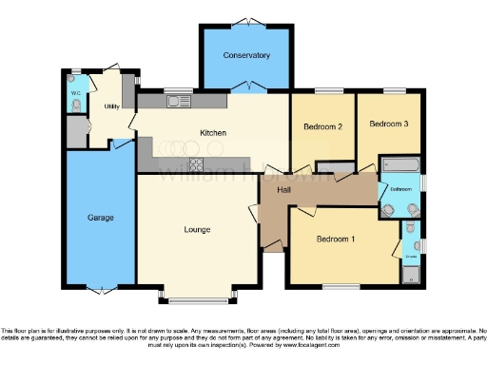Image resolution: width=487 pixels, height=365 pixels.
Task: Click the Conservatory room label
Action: [x=246, y=55]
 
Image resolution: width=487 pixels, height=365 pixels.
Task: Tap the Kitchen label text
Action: [x=211, y=133]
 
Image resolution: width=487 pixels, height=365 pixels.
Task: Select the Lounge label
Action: [x=197, y=229]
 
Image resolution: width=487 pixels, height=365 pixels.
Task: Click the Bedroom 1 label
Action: [x=335, y=239]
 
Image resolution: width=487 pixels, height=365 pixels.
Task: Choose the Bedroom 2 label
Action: [x=322, y=125]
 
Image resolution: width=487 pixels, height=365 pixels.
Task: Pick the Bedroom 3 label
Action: [x=389, y=124]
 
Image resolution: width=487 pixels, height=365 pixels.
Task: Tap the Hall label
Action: [x=283, y=191]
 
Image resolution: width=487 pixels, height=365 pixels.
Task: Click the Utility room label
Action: [x=111, y=106]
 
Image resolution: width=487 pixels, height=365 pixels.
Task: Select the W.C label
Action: [x=75, y=93]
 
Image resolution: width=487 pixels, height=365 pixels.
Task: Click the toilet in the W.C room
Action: [x=75, y=106]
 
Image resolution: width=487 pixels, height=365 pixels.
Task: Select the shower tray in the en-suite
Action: [x=411, y=275]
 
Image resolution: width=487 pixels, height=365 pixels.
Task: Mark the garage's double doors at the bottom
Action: [x=101, y=288]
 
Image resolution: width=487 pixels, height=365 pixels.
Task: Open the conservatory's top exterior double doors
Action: [x=246, y=20]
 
